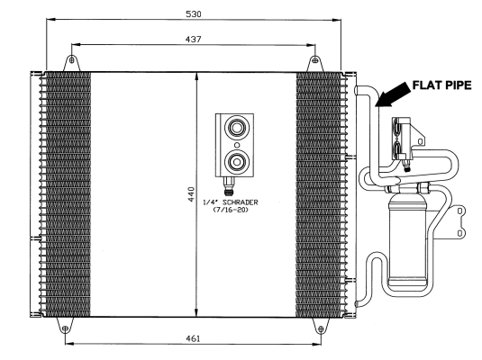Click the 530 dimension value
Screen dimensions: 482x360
pyautogui.click(x=194, y=14)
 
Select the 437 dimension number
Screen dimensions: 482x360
pyautogui.click(x=194, y=40)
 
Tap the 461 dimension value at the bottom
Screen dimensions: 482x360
pyautogui.click(x=193, y=338)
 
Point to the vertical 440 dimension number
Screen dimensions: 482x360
pyautogui.click(x=191, y=194)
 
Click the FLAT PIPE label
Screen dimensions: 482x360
pyautogui.click(x=441, y=85)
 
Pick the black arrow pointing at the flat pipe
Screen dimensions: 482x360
pyautogui.click(x=393, y=94)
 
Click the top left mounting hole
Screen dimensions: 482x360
pyautogui.click(x=71, y=60)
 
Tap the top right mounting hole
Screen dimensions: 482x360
pyautogui.click(x=314, y=60)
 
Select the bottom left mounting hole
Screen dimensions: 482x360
pyautogui.click(x=65, y=329)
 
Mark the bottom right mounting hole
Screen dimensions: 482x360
pyautogui.click(x=321, y=329)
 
